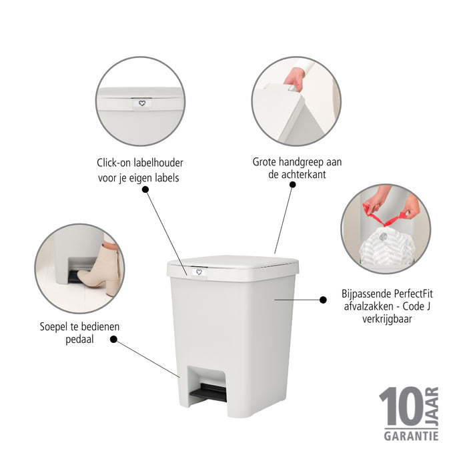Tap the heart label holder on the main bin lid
(199, 272)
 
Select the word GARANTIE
(410, 436)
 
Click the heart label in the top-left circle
(141, 104)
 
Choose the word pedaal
(79, 340)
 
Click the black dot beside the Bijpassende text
(324, 300)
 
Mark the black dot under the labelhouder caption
(145, 189)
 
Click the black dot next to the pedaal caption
(113, 339)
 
